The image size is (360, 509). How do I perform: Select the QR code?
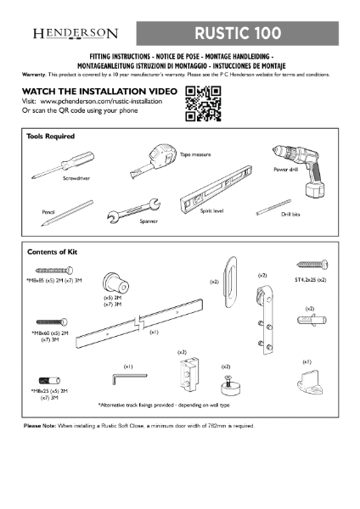[203, 103]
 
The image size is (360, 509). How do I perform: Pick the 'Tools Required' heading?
[51, 136]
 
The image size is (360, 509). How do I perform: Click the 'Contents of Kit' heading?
[53, 252]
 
